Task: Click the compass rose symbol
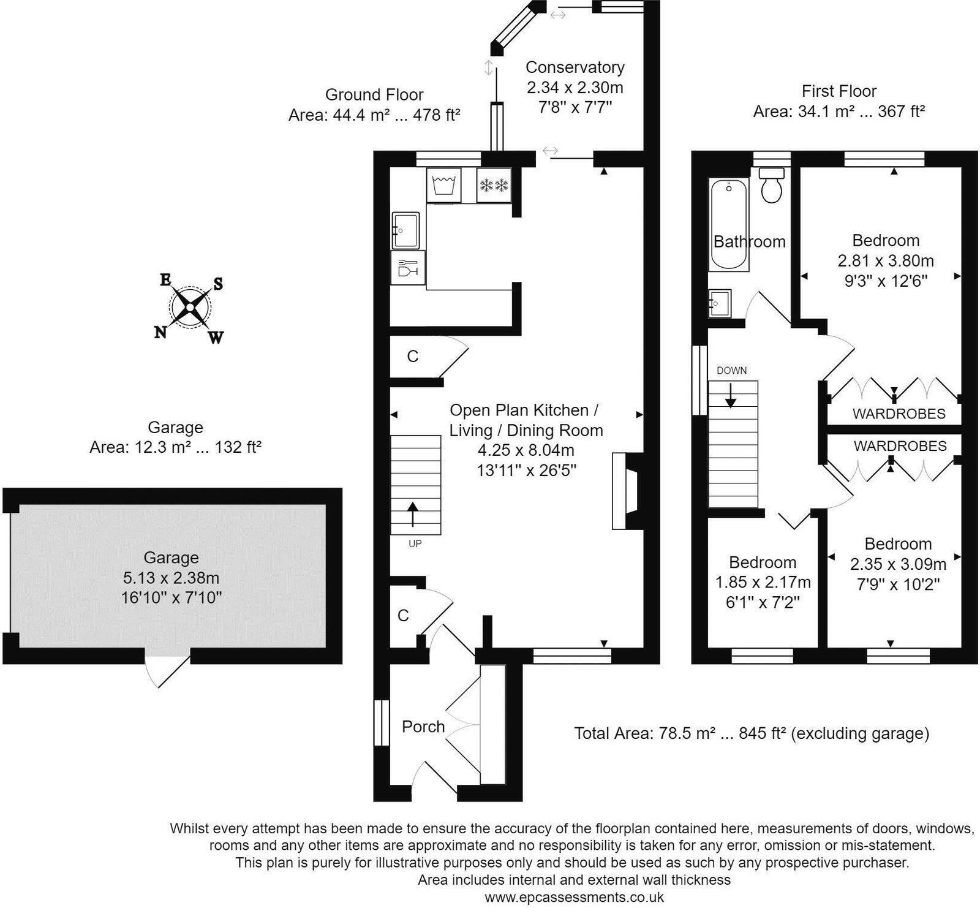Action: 190,306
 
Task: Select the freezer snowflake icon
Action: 494,184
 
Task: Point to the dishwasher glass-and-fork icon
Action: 408,268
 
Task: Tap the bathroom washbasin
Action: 719,303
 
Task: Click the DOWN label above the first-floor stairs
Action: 731,370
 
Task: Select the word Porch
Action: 423,727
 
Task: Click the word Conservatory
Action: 575,67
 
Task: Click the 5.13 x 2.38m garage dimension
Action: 171,577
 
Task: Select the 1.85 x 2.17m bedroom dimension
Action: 763,582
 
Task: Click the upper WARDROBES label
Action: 899,414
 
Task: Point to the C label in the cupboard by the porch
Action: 403,615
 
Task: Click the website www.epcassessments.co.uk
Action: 574,898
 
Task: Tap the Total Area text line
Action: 752,733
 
